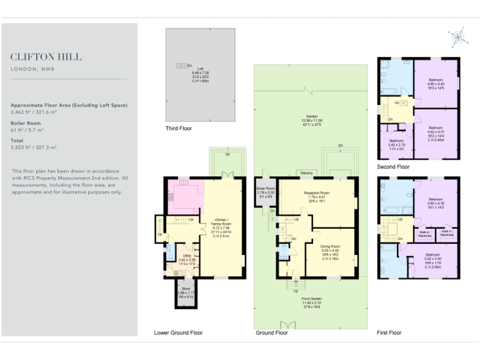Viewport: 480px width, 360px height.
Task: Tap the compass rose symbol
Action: [459, 37]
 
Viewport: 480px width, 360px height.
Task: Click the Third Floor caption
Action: [179, 129]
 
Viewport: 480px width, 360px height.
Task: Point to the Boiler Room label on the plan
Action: [265, 191]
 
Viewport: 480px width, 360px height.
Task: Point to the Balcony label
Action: [306, 173]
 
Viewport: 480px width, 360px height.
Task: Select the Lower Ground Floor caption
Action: [179, 333]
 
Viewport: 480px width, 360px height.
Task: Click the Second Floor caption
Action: [393, 167]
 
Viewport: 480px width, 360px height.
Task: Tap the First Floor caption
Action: [389, 333]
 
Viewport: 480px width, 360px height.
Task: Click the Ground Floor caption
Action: [272, 333]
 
